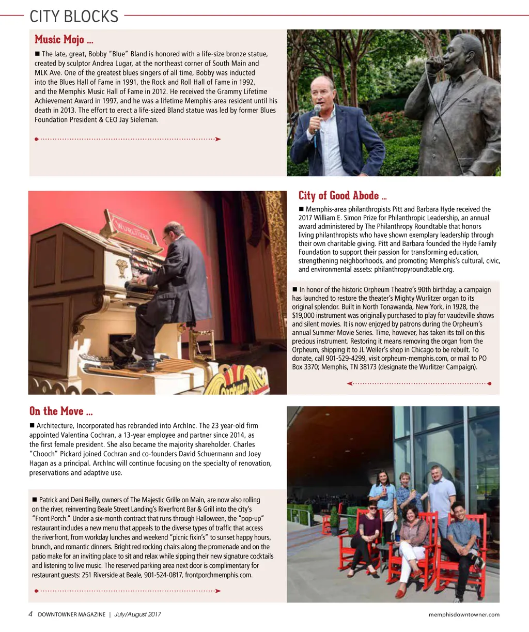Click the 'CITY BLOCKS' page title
(x=74, y=16)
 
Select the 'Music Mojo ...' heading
(x=64, y=40)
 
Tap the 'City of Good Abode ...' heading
(x=343, y=195)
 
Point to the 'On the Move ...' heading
(x=61, y=411)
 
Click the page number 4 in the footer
(x=30, y=614)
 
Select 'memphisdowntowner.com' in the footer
(x=464, y=614)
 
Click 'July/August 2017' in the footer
(x=137, y=614)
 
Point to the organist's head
(x=174, y=234)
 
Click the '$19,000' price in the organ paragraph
(x=306, y=316)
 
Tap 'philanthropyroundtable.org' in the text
(x=414, y=269)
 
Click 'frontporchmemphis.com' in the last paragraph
(x=219, y=575)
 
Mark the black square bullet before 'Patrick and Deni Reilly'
(x=35, y=500)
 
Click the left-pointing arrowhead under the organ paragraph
(x=350, y=383)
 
